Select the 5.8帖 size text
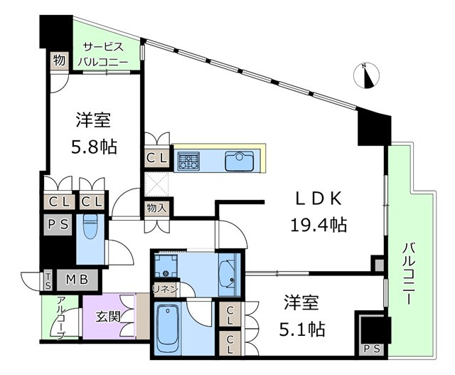coord(93,147)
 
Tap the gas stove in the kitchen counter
coord(188,161)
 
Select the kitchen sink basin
coord(240,162)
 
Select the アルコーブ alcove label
coord(61,317)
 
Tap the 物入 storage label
coord(156,208)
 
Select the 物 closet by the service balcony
coord(59,61)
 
